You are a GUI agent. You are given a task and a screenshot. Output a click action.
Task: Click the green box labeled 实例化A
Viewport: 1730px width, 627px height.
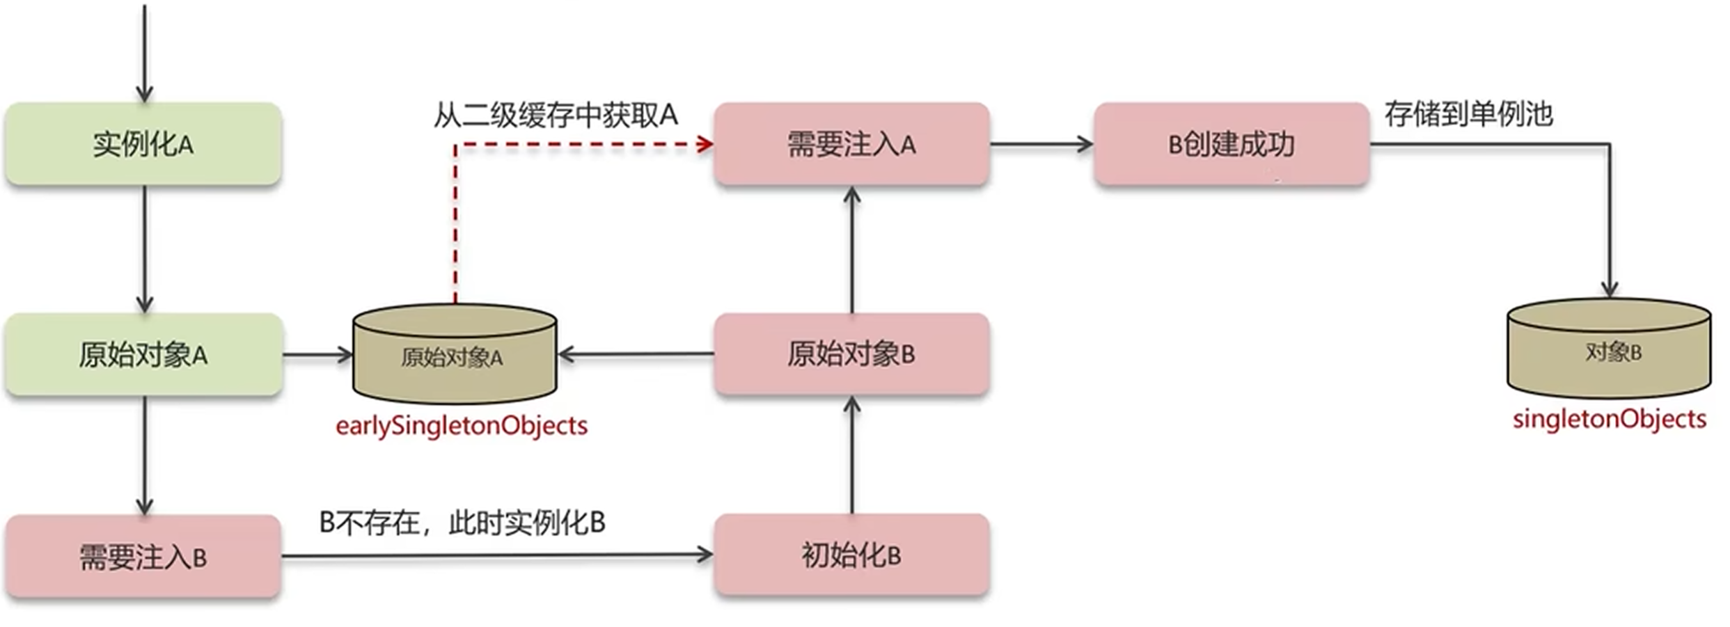point(143,144)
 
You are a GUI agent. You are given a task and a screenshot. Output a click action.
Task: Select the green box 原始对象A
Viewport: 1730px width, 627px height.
point(143,355)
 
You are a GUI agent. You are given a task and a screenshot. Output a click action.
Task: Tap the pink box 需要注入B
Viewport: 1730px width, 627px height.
point(143,557)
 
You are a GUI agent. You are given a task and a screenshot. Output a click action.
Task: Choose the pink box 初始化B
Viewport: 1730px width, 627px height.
point(851,555)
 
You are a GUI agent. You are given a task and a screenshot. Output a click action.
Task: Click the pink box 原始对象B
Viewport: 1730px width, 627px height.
point(851,354)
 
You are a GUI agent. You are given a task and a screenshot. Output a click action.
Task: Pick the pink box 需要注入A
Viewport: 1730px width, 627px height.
point(851,144)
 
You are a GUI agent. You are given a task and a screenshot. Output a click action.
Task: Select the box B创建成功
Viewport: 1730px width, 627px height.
point(1232,144)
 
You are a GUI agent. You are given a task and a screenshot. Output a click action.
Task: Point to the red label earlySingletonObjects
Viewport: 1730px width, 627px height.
point(462,425)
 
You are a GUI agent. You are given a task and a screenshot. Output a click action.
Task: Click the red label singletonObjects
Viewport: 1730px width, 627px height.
point(1609,419)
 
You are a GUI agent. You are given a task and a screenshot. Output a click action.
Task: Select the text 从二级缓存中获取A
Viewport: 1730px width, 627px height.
point(556,115)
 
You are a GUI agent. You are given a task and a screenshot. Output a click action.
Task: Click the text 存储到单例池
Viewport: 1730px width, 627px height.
point(1468,113)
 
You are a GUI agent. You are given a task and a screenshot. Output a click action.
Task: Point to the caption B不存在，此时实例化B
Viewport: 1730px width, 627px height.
point(462,522)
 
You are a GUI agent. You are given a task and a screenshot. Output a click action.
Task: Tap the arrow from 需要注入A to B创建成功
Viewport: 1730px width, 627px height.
point(1041,144)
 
